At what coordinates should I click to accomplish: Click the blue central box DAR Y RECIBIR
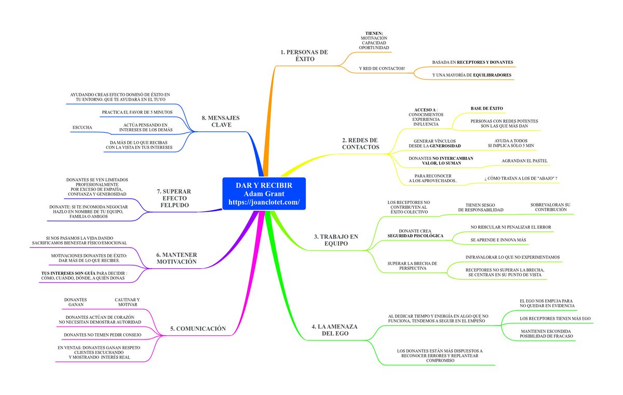pyautogui.click(x=264, y=194)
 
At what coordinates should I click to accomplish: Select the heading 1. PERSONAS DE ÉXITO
pyautogui.click(x=304, y=56)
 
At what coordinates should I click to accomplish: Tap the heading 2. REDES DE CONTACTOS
pyautogui.click(x=360, y=143)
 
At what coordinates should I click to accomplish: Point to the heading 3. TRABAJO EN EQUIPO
pyautogui.click(x=336, y=240)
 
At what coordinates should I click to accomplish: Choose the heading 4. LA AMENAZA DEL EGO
pyautogui.click(x=334, y=330)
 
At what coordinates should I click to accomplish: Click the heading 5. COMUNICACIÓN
pyautogui.click(x=198, y=329)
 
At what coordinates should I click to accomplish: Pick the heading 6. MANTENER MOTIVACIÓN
pyautogui.click(x=177, y=258)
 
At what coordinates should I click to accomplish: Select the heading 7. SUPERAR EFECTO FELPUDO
pyautogui.click(x=174, y=198)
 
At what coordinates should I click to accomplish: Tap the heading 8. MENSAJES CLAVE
pyautogui.click(x=221, y=121)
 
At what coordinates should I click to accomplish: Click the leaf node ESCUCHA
pyautogui.click(x=82, y=127)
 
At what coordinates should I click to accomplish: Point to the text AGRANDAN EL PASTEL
pyautogui.click(x=524, y=161)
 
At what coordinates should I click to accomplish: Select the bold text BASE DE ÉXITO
pyautogui.click(x=487, y=108)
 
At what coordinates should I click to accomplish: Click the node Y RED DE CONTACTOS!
pyautogui.click(x=382, y=69)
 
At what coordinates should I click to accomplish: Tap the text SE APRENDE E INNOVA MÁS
pyautogui.click(x=498, y=240)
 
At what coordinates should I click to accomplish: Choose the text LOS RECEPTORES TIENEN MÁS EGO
pyautogui.click(x=555, y=318)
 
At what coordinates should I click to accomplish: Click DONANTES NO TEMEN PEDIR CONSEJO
pyautogui.click(x=103, y=335)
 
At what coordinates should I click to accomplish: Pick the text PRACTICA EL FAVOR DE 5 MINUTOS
pyautogui.click(x=137, y=112)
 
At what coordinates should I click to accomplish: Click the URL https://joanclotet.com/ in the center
pyautogui.click(x=264, y=202)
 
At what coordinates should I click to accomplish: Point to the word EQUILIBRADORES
pyautogui.click(x=492, y=75)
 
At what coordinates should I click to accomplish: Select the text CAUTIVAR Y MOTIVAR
pyautogui.click(x=127, y=302)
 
